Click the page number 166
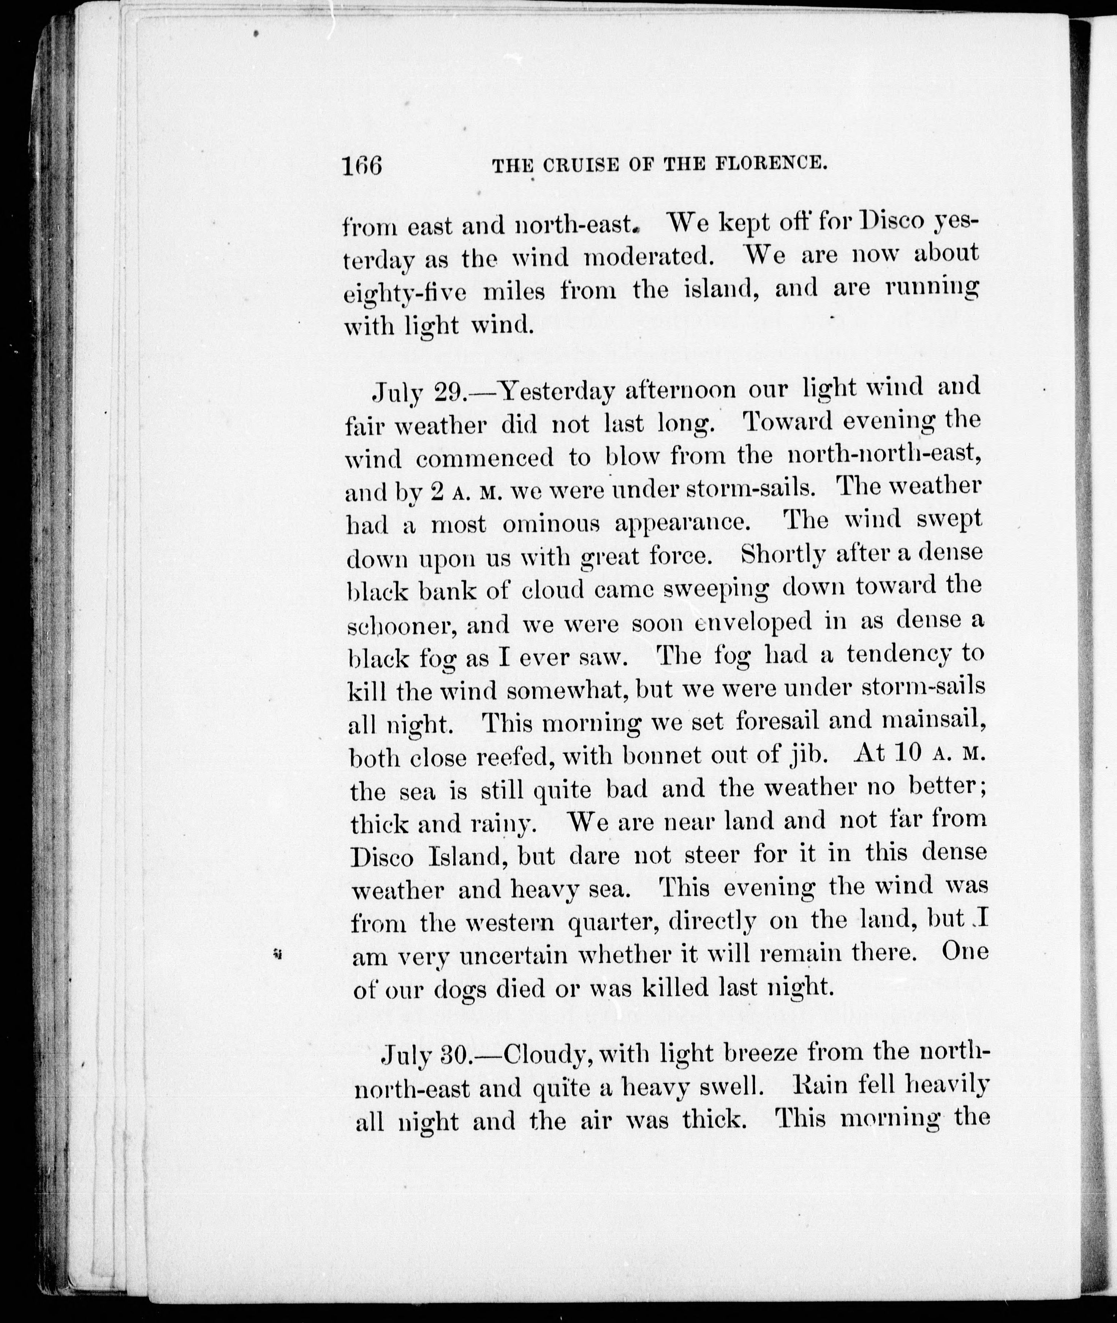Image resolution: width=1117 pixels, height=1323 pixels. (362, 166)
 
